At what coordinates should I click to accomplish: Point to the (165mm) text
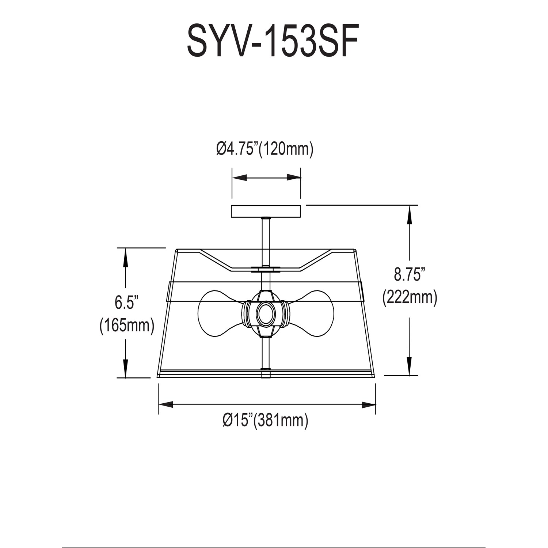pyautogui.click(x=126, y=325)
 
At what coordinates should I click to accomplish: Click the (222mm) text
pyautogui.click(x=410, y=298)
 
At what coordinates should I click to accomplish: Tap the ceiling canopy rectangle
pyautogui.click(x=266, y=211)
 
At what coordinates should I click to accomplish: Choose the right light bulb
pyautogui.click(x=311, y=313)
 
